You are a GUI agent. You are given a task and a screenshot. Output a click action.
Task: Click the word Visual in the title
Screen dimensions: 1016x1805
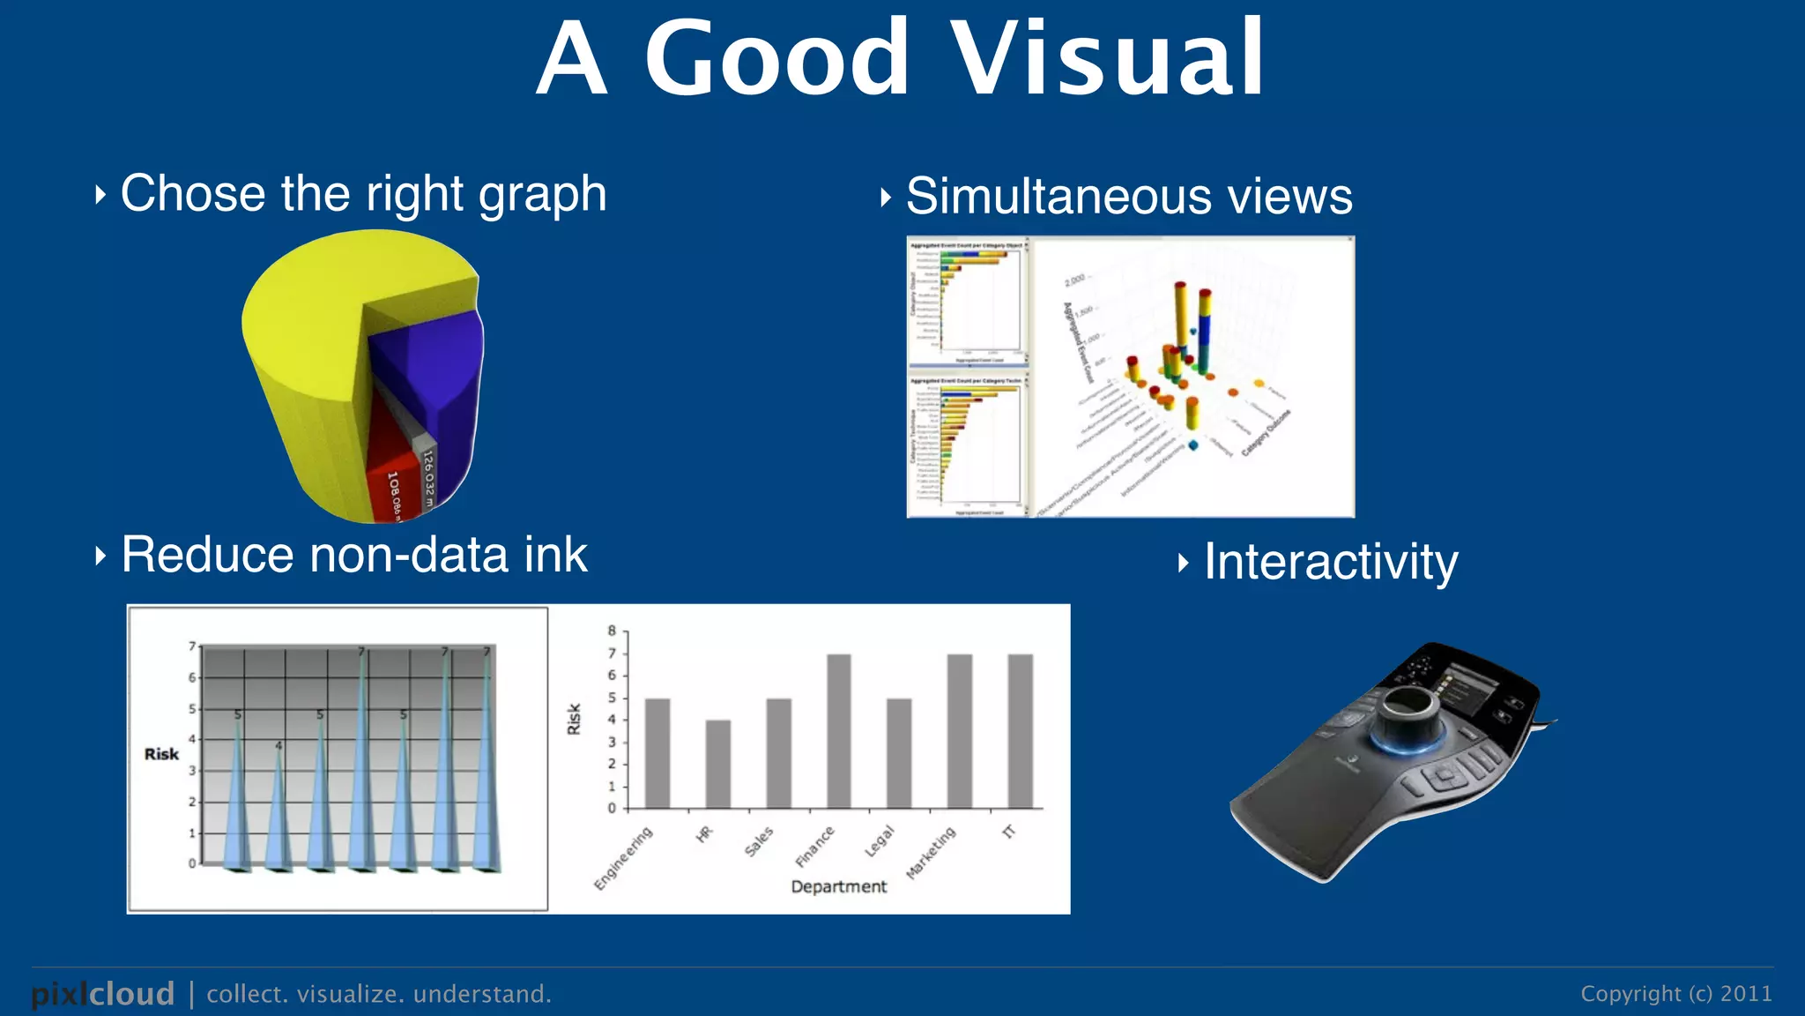tap(1108, 59)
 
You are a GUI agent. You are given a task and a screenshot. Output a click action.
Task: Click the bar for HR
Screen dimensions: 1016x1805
tap(718, 764)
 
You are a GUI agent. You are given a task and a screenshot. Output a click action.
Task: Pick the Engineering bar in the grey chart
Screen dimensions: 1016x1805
tap(657, 753)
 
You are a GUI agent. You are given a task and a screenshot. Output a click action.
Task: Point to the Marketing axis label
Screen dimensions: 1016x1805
tap(932, 853)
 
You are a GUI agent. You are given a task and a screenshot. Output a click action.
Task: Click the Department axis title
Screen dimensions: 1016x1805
tap(838, 886)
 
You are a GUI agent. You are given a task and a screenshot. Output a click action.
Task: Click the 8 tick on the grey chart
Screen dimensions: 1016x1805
tap(612, 631)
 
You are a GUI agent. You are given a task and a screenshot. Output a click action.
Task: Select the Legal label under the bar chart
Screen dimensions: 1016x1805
tap(880, 841)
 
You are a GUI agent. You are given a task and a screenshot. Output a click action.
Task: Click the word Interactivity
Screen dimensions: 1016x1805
tap(1331, 562)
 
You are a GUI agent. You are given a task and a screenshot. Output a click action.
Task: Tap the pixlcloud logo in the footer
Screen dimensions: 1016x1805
tap(103, 994)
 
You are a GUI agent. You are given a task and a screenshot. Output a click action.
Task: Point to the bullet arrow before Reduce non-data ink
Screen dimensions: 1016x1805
tap(100, 556)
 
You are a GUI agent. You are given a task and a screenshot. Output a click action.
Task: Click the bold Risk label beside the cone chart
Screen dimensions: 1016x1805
tap(161, 754)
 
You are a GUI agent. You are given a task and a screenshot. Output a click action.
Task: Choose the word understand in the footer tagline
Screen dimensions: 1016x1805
tap(481, 994)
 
